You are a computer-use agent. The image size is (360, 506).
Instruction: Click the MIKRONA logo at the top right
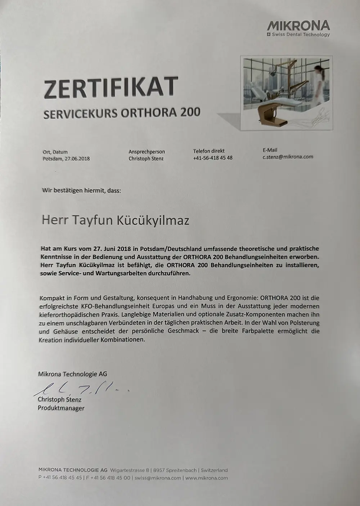[298, 26]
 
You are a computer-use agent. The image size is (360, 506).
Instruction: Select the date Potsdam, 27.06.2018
[66, 158]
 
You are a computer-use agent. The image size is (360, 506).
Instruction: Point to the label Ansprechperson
[147, 152]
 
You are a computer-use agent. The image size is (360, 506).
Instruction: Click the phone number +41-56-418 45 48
[212, 158]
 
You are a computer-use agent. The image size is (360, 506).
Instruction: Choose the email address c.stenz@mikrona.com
[288, 157]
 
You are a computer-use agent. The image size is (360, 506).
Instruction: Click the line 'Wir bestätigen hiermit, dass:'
[82, 190]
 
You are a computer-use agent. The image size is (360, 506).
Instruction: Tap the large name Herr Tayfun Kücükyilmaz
[116, 220]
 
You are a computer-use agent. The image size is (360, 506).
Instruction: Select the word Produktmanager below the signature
[61, 408]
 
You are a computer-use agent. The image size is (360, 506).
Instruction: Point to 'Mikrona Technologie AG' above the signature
[72, 374]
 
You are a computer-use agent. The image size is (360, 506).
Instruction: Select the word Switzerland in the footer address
[214, 470]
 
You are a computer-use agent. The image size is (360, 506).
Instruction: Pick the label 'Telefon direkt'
[209, 151]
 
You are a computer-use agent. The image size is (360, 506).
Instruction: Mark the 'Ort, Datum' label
[55, 152]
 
